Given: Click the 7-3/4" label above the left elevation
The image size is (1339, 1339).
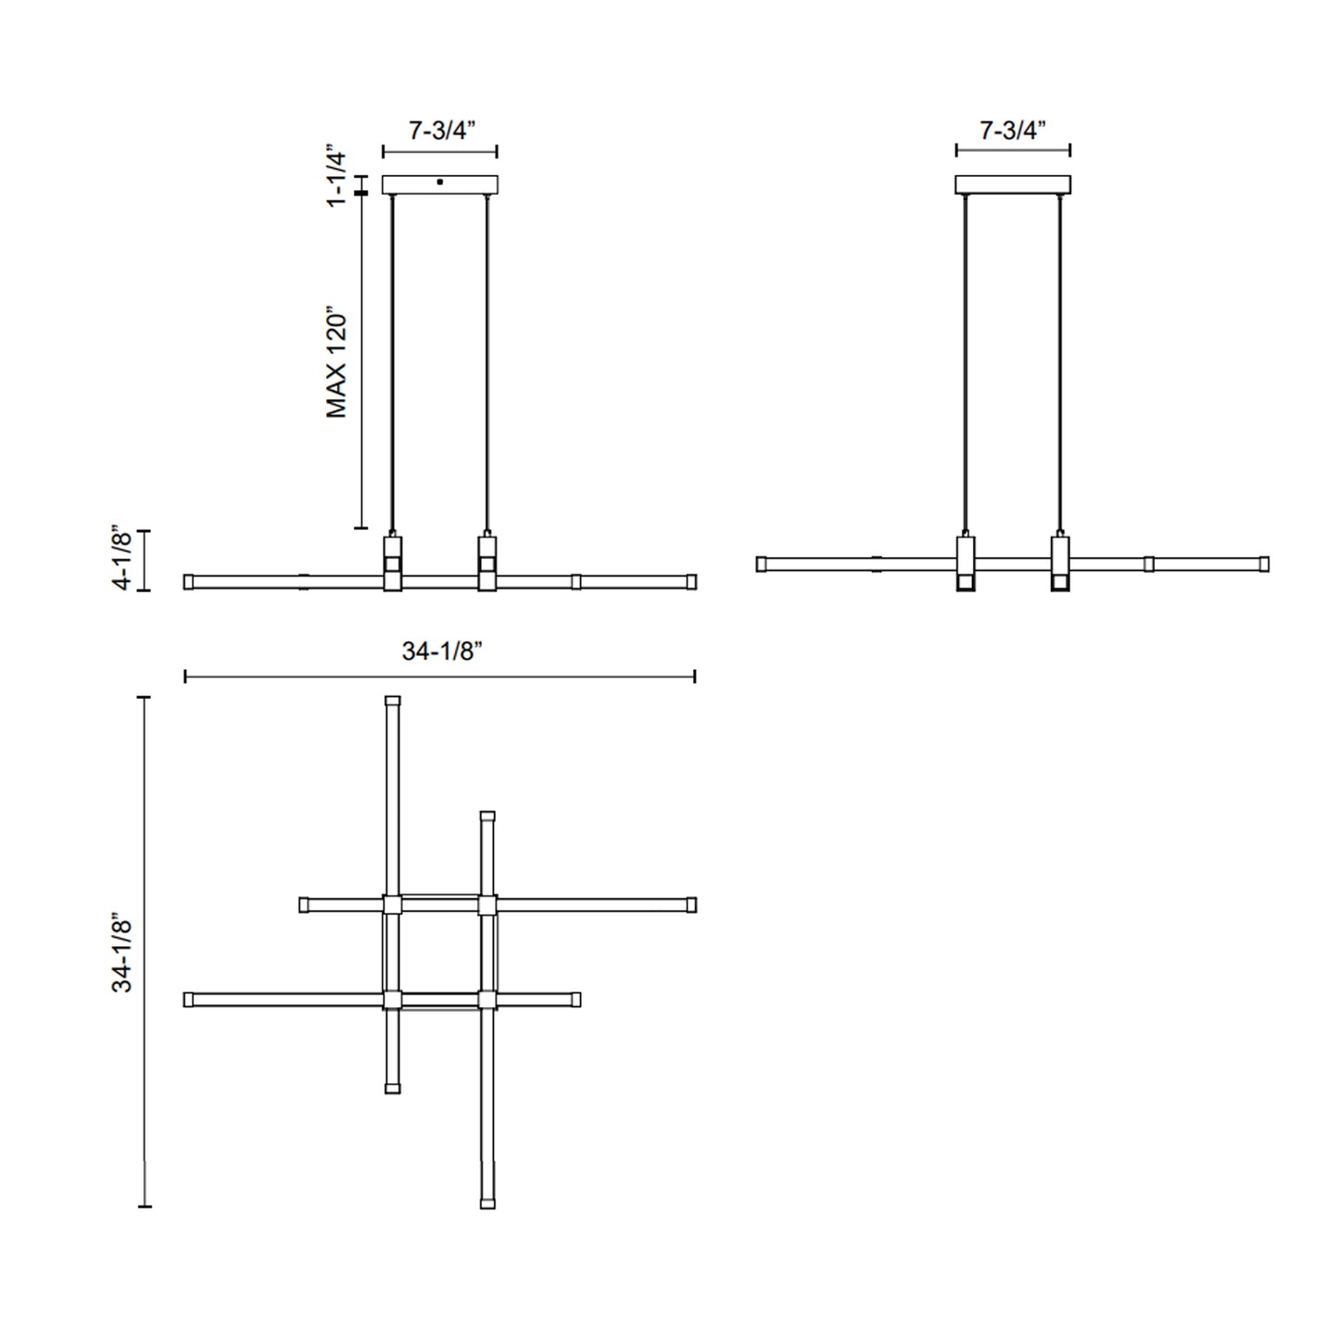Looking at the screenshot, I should point(441,131).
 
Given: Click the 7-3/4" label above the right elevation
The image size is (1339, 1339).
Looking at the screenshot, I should point(1013,131).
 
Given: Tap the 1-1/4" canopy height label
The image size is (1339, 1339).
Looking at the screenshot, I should point(336,179).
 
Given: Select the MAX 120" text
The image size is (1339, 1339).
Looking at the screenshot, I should point(336,362).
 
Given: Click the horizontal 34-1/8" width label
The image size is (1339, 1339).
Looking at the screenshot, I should point(442,651).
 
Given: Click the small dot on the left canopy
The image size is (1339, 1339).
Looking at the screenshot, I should point(440,182).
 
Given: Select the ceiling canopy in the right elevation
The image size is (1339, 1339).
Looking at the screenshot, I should point(1013,184).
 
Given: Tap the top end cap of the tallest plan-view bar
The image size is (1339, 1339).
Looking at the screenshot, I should point(393,701).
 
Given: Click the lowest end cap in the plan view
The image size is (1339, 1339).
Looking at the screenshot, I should point(487,1204).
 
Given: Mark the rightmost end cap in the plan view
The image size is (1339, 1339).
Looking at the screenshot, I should point(691,904).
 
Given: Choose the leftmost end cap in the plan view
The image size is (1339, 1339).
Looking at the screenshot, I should point(189,1000).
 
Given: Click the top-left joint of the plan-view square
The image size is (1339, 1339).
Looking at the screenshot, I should point(393,904).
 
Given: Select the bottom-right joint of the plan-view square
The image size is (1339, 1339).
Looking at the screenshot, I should point(487,1000).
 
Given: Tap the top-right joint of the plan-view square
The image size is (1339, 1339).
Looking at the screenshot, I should point(487,904).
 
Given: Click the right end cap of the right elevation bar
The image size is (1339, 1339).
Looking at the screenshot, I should point(1264,563).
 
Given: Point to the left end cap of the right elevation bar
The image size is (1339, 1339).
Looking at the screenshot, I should point(762,563).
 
